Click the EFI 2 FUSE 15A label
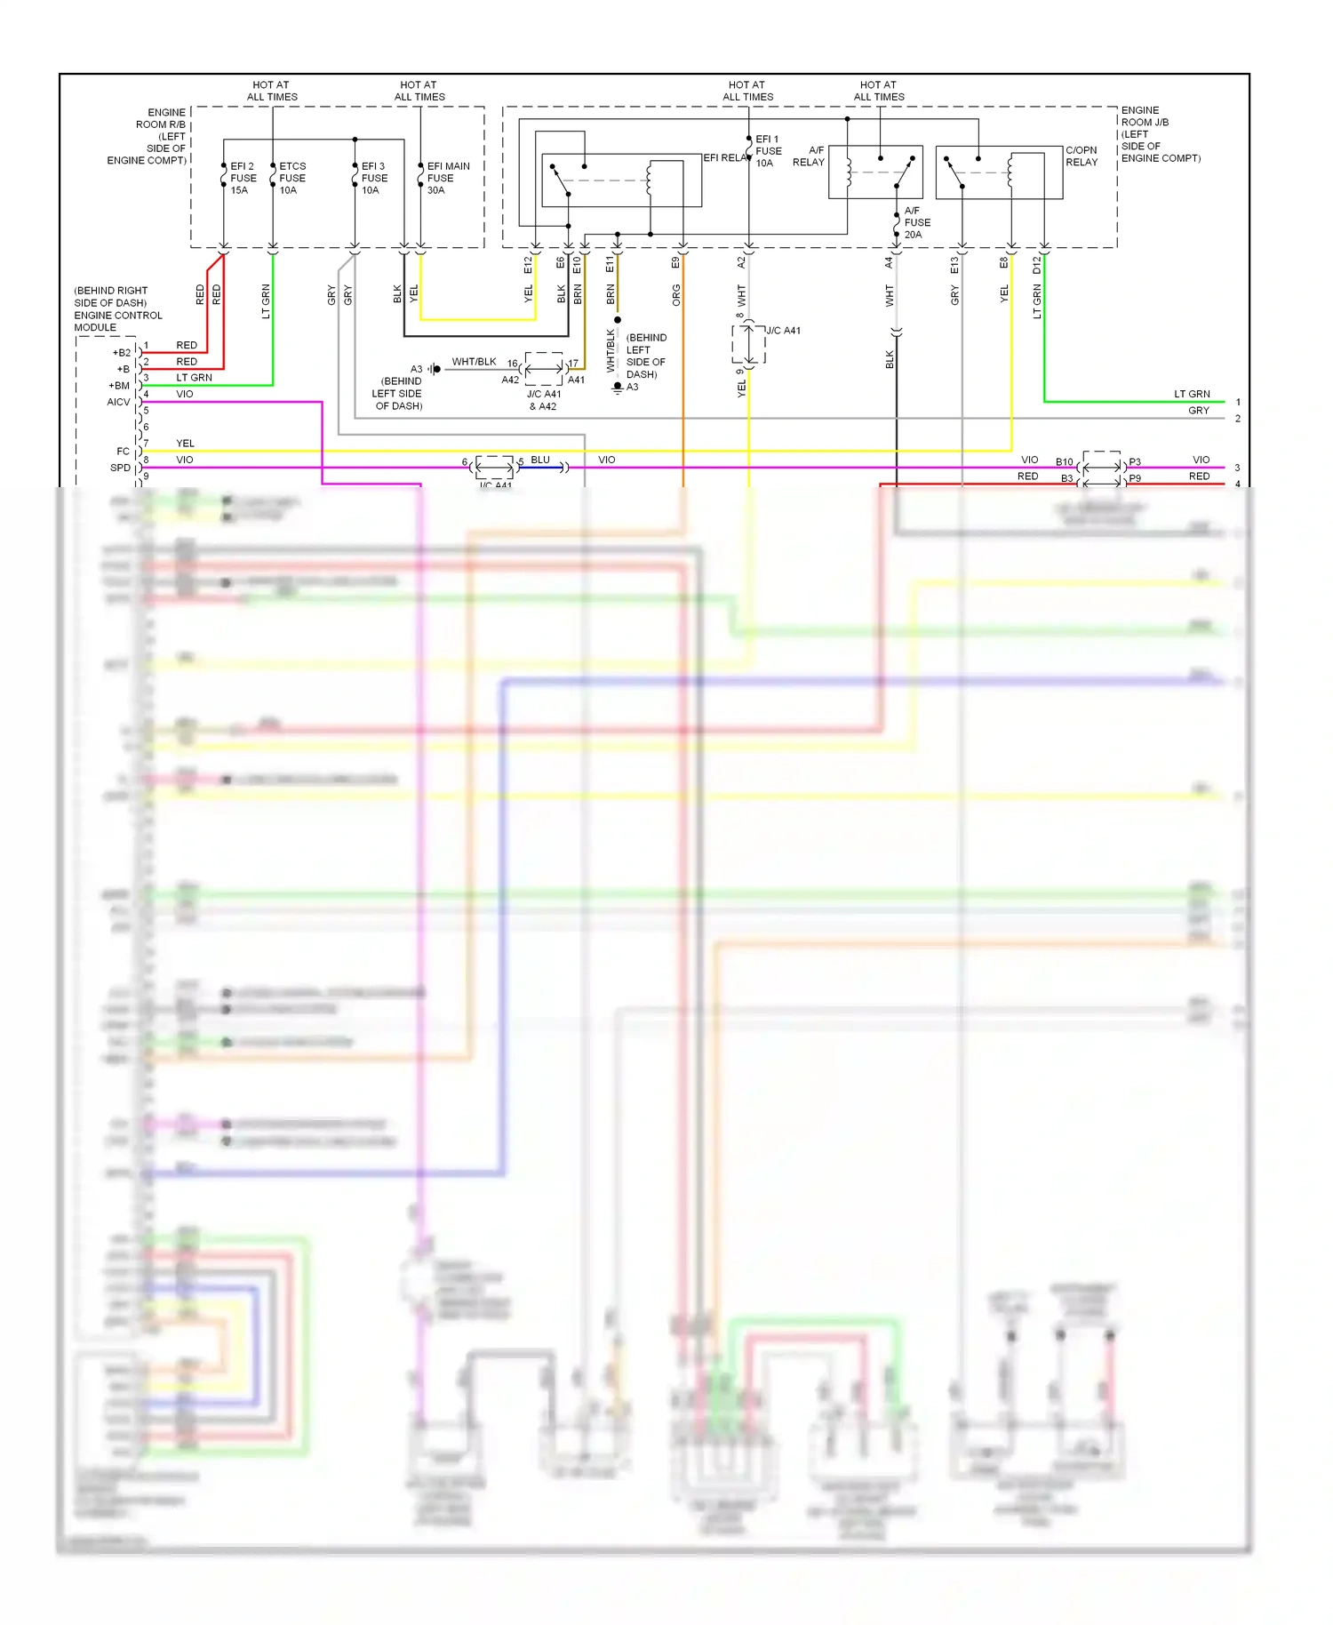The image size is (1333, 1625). point(243,178)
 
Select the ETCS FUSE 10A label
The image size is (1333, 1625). point(292,178)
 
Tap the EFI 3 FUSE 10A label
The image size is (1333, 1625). point(374,178)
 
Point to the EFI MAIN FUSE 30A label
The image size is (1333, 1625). point(448,178)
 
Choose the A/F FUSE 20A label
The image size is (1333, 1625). point(917,222)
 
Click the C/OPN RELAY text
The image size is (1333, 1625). point(1082,156)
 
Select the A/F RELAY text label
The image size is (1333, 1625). point(809,156)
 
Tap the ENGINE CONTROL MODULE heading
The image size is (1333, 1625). point(117,308)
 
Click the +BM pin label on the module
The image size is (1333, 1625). point(119,385)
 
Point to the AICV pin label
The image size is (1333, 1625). point(118,402)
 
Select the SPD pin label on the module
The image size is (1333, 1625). point(120,468)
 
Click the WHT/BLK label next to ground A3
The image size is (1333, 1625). point(474,362)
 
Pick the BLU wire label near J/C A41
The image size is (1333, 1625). point(540,460)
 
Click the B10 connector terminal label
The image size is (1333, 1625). point(1064,462)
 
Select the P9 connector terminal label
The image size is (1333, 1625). point(1135,478)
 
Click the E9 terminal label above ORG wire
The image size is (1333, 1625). point(675,263)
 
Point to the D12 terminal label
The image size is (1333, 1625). point(1036,265)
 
